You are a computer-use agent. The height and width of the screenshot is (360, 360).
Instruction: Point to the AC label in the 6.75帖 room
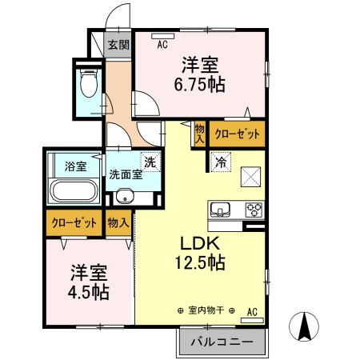(x=162, y=45)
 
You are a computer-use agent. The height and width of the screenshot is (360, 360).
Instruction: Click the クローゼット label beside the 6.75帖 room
(x=237, y=134)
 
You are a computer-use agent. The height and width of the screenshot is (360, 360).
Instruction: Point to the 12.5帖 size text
(x=199, y=262)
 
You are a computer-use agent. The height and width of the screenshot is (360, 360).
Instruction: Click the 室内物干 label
(x=205, y=311)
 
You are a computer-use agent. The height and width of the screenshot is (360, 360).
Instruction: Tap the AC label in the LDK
(x=252, y=311)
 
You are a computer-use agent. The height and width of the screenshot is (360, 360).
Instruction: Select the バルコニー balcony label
(x=222, y=342)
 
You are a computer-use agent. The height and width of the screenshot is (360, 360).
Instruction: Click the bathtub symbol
(x=74, y=192)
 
